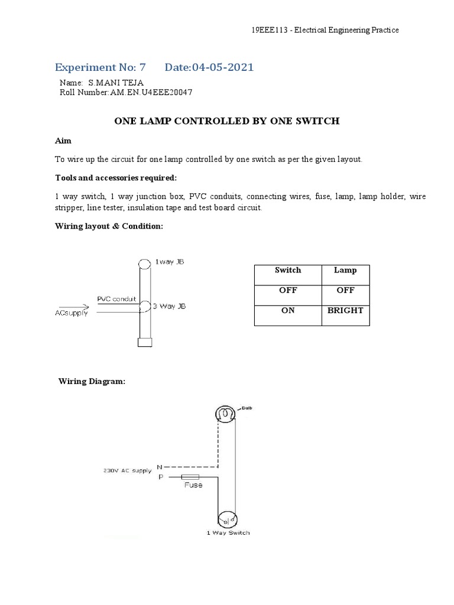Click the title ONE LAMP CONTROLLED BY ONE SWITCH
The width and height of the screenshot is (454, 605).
(x=226, y=121)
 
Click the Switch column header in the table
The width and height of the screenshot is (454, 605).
(x=288, y=270)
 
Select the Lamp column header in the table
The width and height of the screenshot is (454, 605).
(x=345, y=270)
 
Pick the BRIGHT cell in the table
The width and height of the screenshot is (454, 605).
(x=345, y=310)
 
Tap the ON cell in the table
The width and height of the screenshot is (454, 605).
(x=288, y=310)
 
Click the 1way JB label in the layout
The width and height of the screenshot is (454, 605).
(x=173, y=262)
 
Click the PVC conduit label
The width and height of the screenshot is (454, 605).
(x=116, y=299)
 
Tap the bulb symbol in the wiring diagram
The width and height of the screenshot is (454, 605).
(x=225, y=414)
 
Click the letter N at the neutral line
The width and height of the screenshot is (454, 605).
(x=159, y=467)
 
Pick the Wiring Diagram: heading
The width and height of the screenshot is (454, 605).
(x=92, y=382)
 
